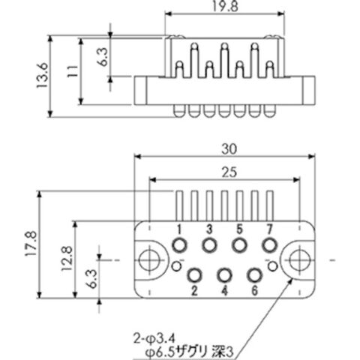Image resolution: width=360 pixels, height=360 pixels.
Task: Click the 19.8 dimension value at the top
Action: pos(225,6)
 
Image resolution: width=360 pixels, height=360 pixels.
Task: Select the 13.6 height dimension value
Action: pos(42,75)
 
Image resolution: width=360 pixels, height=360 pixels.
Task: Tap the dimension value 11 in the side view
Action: pos(73,71)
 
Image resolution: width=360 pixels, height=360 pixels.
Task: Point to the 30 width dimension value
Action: pos(229,149)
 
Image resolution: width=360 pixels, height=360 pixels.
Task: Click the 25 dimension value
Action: pos(229,172)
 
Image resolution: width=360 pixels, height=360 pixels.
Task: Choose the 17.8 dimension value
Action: pos(31,244)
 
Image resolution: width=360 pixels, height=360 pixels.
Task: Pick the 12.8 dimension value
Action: pos(67,259)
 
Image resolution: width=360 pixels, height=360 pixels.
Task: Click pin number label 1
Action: pos(179,229)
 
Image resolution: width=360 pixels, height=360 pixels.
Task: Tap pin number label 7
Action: pos(269,229)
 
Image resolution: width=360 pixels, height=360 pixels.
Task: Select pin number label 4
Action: pos(224,290)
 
